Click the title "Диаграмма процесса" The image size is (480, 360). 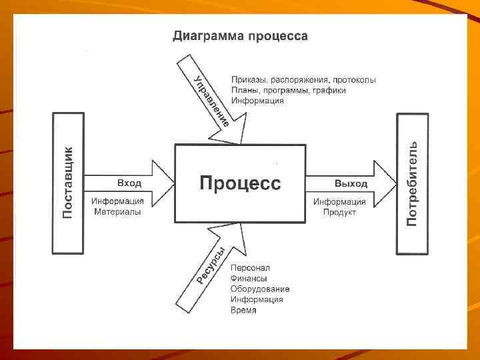[240, 36]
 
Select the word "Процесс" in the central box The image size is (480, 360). [241, 183]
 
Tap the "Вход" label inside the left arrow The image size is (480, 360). [129, 183]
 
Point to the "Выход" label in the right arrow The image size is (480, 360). [351, 183]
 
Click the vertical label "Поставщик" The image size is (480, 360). [68, 182]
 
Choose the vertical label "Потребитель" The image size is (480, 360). [413, 183]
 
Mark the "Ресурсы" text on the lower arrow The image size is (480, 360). [211, 266]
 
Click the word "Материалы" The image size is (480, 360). [117, 212]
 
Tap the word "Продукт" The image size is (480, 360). [340, 212]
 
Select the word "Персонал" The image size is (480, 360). [250, 268]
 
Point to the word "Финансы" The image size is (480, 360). [249, 279]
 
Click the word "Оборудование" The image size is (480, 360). [260, 289]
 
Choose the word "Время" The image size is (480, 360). [243, 311]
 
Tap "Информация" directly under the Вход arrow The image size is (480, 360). [118, 201]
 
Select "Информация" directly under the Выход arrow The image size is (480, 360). [340, 201]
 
